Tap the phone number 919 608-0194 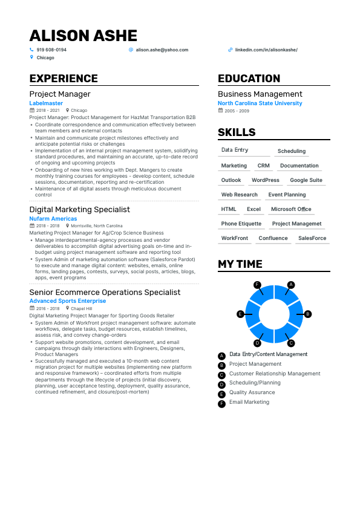[51, 50]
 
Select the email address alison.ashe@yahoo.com [162, 50]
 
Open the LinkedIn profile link [266, 50]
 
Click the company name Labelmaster [46, 103]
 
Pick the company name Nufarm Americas [53, 219]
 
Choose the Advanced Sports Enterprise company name [67, 301]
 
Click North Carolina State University [260, 103]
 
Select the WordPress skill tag [266, 180]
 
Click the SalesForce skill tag [312, 238]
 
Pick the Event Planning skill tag [287, 195]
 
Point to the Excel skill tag [254, 209]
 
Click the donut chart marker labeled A [291, 284]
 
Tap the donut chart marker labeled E [240, 314]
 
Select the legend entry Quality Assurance [252, 392]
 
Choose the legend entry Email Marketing [249, 402]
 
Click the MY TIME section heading [240, 264]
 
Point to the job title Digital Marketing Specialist [79, 210]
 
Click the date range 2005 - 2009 [237, 111]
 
